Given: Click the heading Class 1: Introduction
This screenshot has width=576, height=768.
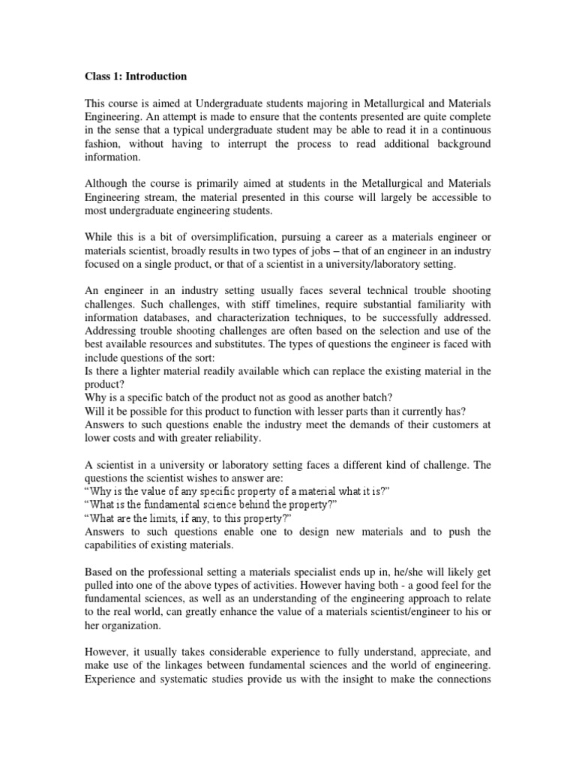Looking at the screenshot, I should click(134, 76).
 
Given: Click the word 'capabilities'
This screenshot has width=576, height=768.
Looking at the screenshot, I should click(115, 546).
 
